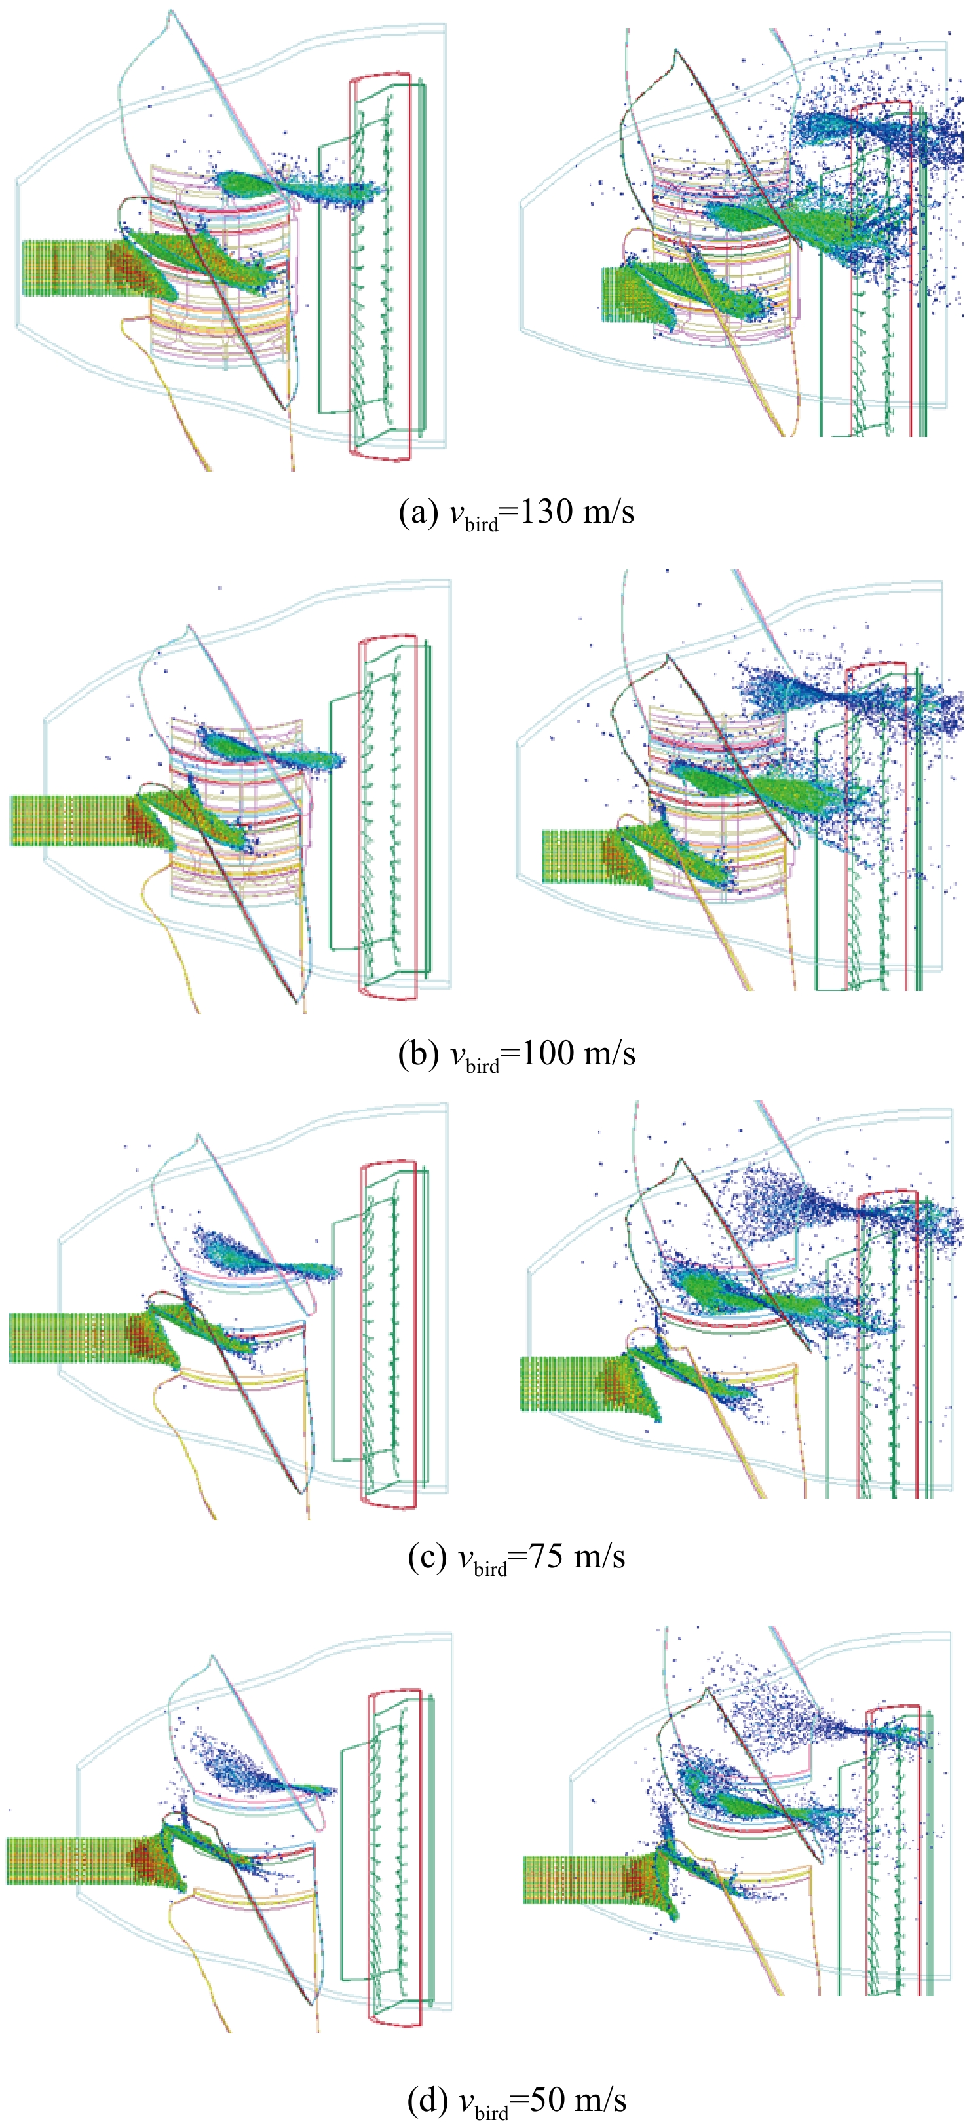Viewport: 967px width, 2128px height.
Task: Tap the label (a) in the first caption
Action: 417,512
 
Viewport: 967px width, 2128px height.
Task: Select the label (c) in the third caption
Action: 427,1556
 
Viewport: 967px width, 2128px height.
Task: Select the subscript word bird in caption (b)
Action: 483,1066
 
